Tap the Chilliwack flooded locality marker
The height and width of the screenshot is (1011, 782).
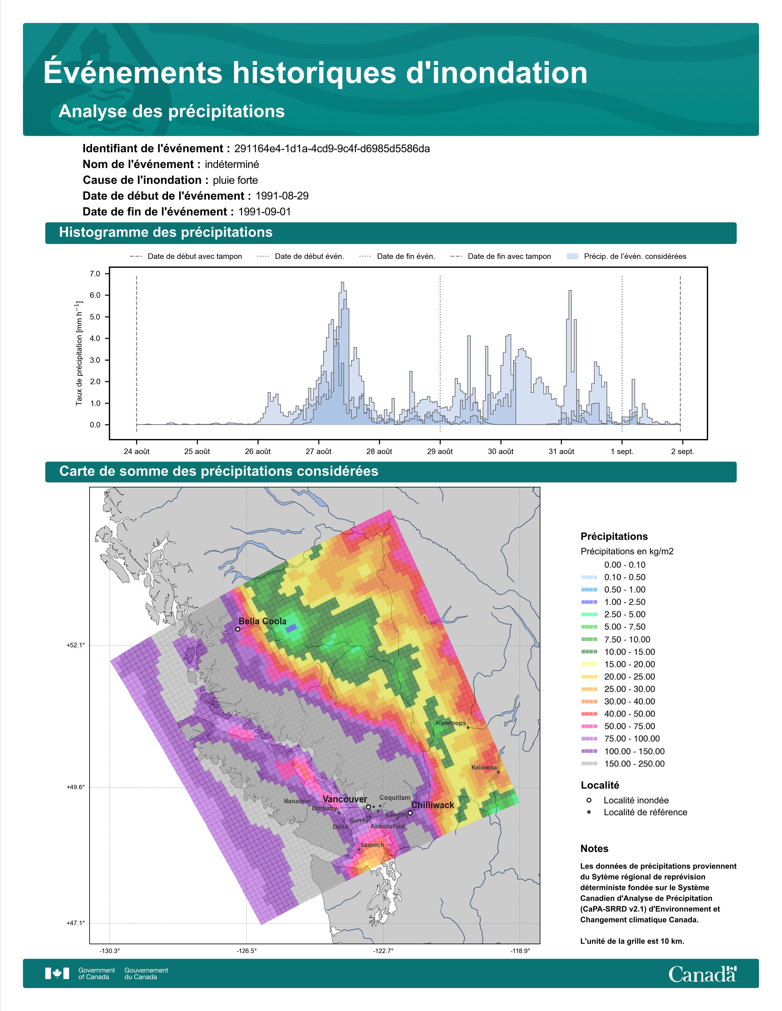pos(410,812)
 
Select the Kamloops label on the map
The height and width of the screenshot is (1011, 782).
pos(451,723)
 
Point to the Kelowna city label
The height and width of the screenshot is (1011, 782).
pos(484,767)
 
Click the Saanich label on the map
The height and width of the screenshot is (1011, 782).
pos(372,845)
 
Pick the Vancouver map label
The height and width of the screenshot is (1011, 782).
pos(345,799)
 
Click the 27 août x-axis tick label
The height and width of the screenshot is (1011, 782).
pos(318,451)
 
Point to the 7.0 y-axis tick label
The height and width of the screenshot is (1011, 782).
pos(95,274)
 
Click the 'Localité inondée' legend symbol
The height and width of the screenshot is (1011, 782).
pos(589,800)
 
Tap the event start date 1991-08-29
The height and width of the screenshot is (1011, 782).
pos(282,196)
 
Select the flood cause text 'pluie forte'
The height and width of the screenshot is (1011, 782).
pos(235,180)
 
